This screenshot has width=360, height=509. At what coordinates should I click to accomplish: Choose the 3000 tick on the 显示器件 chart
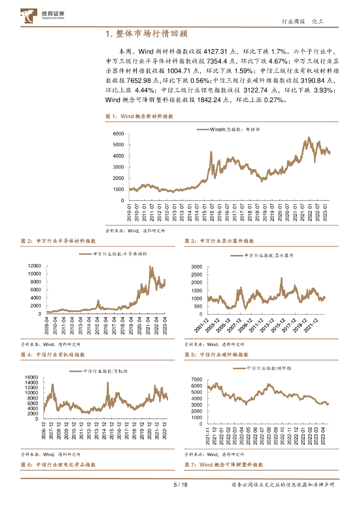pyautogui.click(x=196, y=267)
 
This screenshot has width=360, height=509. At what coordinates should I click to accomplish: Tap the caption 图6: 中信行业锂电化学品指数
pyautogui.click(x=58, y=464)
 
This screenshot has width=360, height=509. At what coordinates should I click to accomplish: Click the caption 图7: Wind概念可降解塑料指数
pyautogui.click(x=223, y=464)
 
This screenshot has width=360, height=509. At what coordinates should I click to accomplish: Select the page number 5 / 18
pyautogui.click(x=180, y=485)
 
